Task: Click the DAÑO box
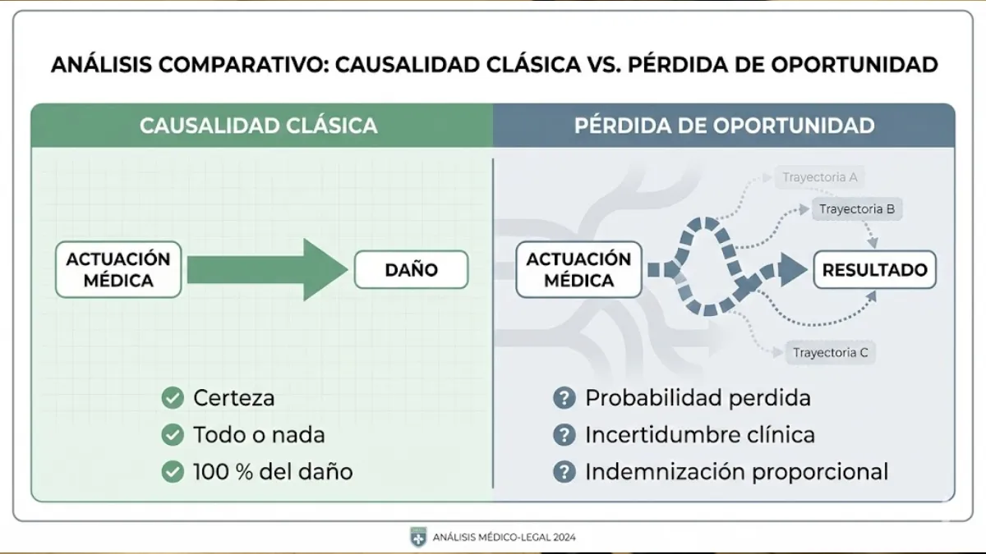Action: tap(411, 270)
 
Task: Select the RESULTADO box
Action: tap(874, 270)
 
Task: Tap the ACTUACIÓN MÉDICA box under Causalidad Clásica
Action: tap(118, 269)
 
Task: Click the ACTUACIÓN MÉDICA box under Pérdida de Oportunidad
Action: tap(578, 269)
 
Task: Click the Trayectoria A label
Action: tap(819, 177)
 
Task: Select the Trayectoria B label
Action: tap(856, 209)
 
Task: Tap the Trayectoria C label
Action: tap(830, 354)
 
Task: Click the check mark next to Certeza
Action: tap(173, 399)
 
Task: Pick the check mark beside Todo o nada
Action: tap(173, 435)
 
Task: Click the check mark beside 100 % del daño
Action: tap(173, 472)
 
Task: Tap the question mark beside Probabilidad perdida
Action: tap(564, 399)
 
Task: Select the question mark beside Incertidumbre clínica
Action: tap(564, 435)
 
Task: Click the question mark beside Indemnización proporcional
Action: tap(564, 472)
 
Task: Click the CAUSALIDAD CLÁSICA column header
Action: tap(259, 126)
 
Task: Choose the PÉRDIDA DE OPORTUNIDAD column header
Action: tap(724, 126)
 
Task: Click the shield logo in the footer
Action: tap(417, 537)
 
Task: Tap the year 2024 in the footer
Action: tap(563, 538)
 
